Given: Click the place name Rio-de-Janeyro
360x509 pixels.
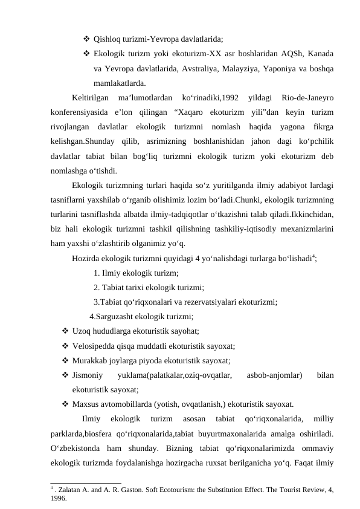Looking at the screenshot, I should pyautogui.click(x=308, y=98).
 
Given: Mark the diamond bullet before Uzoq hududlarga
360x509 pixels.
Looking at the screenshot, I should pyautogui.click(x=64, y=331).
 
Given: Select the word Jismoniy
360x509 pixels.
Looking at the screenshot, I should pyautogui.click(x=86, y=375).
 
